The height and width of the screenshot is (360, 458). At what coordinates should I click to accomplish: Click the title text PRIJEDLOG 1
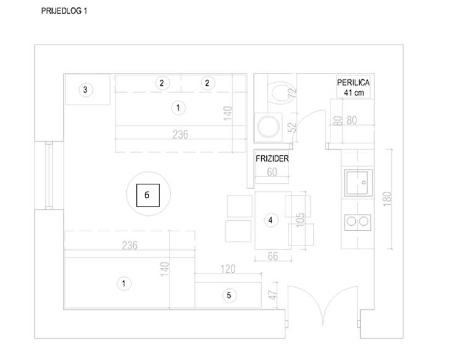tap(64, 11)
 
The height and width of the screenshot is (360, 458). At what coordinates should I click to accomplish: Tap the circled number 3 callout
tap(85, 90)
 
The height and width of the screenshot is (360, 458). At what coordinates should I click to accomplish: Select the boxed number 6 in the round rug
tap(148, 195)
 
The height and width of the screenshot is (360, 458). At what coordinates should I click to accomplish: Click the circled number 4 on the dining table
tap(270, 220)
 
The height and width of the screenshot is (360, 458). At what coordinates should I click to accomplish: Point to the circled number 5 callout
tap(229, 296)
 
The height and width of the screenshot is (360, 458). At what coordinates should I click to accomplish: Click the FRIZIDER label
tap(272, 158)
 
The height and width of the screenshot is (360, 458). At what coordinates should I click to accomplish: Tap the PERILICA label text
tap(353, 83)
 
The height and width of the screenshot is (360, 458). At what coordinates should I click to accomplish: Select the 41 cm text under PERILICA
tap(354, 93)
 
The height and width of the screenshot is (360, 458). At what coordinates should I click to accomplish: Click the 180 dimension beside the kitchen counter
tap(387, 199)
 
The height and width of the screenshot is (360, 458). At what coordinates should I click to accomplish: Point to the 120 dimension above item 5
tap(228, 269)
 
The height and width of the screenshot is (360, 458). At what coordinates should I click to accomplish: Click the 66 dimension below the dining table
tap(273, 256)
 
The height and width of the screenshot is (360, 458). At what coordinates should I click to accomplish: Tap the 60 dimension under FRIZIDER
tap(272, 172)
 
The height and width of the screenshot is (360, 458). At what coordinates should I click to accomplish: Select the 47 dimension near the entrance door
tap(272, 295)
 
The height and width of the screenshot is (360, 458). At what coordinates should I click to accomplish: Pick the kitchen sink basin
tap(359, 182)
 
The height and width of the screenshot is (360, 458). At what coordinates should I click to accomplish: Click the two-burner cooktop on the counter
tap(358, 222)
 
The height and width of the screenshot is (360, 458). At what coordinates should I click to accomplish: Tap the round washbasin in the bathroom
tap(268, 127)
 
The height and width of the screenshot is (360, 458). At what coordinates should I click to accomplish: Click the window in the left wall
tap(49, 175)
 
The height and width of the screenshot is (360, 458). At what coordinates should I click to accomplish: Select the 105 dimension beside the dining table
tap(300, 220)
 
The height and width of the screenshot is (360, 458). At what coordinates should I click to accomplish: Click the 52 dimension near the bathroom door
tap(292, 127)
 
